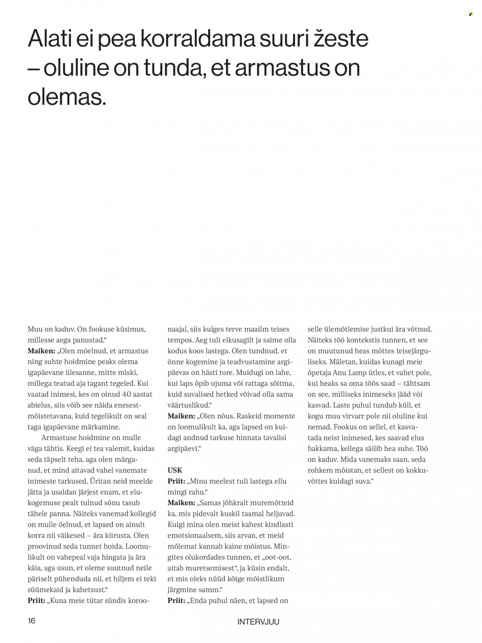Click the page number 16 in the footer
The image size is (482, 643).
tap(32, 621)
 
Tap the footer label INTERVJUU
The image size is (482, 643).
tap(258, 622)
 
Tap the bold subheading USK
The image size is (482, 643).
tap(175, 470)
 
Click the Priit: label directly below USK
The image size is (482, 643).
tap(176, 481)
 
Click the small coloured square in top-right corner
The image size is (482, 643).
tap(470, 14)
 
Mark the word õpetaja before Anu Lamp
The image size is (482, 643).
tap(321, 373)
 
